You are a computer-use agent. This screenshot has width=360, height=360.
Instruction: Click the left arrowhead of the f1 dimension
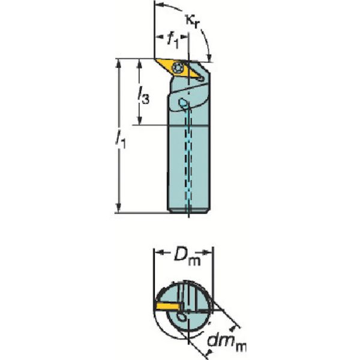(158, 39)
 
